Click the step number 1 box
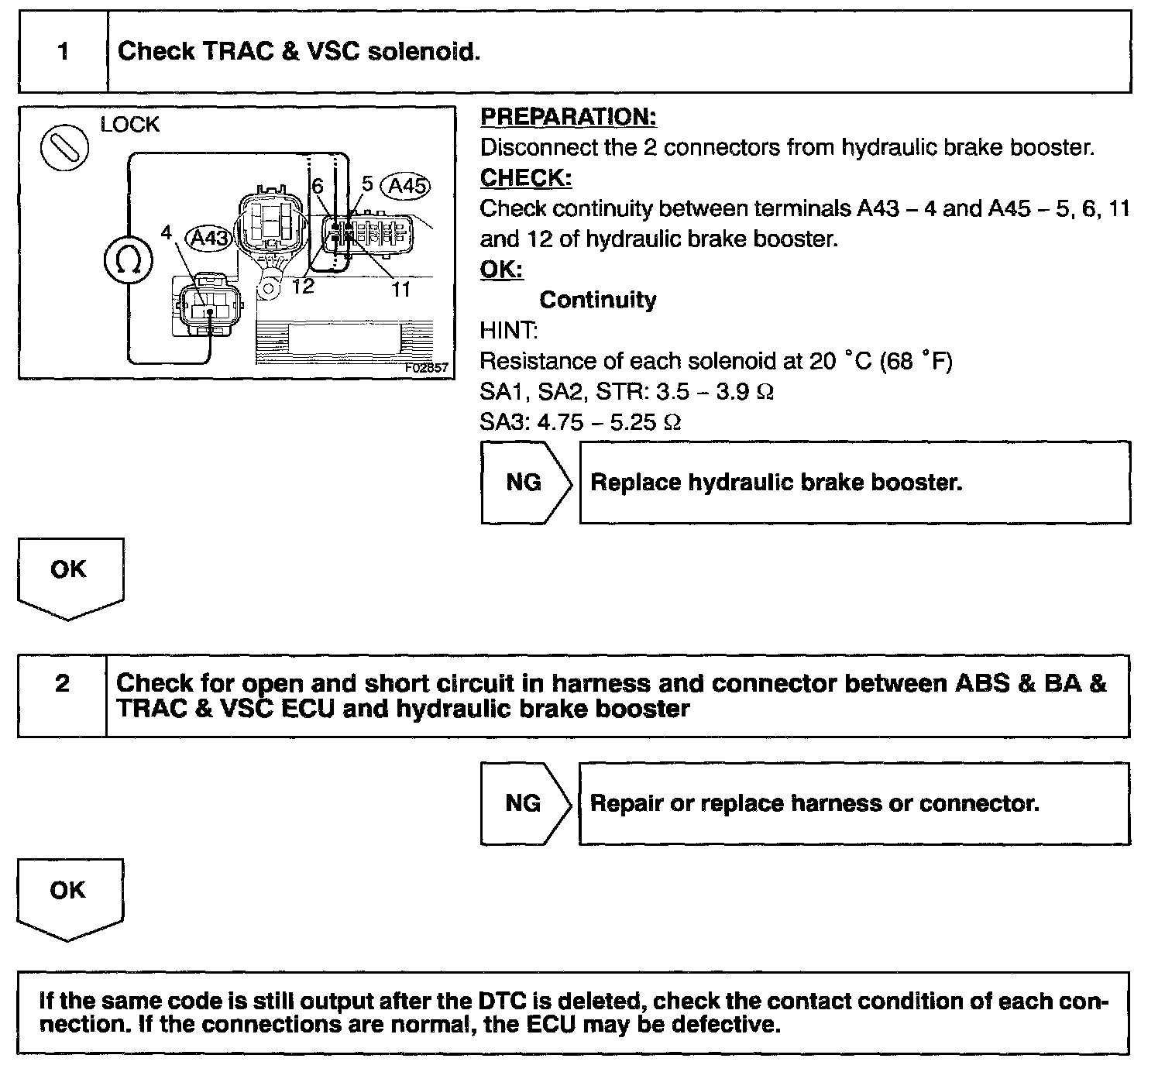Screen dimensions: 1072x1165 pyautogui.click(x=63, y=52)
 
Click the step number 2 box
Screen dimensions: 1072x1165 pyautogui.click(x=62, y=695)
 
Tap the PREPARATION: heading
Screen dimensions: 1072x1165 pyautogui.click(x=569, y=117)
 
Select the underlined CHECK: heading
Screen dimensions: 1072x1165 pyautogui.click(x=526, y=178)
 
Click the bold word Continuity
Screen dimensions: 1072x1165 pyautogui.click(x=598, y=300)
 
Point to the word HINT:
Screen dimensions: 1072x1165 pyautogui.click(x=509, y=331)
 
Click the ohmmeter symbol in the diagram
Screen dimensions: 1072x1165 pyautogui.click(x=128, y=261)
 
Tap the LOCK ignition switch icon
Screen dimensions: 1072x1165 pyautogui.click(x=64, y=149)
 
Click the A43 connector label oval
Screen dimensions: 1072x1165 pyautogui.click(x=210, y=237)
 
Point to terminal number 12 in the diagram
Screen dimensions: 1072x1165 pyautogui.click(x=303, y=286)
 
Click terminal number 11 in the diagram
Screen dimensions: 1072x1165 pyautogui.click(x=400, y=289)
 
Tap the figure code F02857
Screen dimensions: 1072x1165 pyautogui.click(x=427, y=368)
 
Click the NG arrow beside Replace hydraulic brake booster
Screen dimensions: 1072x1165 pyautogui.click(x=525, y=483)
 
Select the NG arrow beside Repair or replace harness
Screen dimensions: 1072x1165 pyautogui.click(x=524, y=803)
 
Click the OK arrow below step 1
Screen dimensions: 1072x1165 pyautogui.click(x=70, y=577)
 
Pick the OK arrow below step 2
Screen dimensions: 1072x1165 pyautogui.click(x=70, y=897)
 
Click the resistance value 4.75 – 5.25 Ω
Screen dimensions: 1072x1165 pyautogui.click(x=609, y=422)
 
